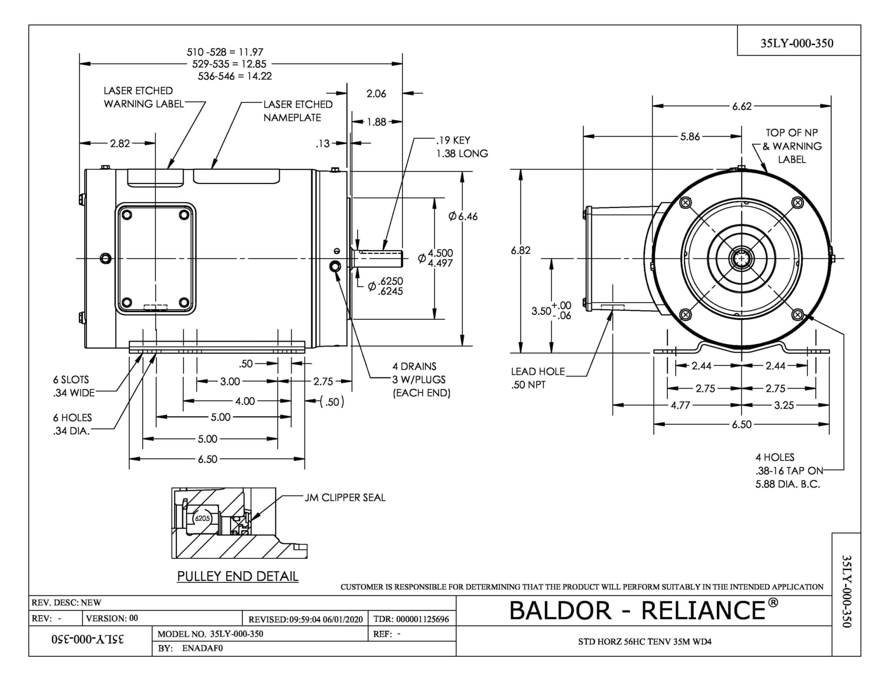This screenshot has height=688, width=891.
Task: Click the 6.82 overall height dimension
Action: [520, 250]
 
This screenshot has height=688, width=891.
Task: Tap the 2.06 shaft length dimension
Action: [376, 94]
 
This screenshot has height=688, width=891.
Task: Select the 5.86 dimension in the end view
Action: [690, 137]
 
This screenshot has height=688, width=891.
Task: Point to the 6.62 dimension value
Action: [742, 106]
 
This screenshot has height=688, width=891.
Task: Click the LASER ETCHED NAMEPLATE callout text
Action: [298, 111]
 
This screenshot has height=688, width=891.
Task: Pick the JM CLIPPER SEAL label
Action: [345, 498]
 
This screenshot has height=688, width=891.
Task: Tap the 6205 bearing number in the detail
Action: [202, 518]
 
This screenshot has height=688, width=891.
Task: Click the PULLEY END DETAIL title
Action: [238, 576]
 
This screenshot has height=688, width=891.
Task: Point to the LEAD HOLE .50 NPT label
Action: [538, 377]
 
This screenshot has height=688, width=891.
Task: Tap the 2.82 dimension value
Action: [120, 143]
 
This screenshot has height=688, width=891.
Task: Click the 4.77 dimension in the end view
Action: [680, 405]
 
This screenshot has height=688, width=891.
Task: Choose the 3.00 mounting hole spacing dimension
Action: [230, 381]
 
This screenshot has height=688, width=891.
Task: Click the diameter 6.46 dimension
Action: [463, 216]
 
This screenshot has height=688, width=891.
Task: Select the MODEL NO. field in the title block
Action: [210, 634]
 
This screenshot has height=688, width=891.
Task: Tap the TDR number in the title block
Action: [411, 619]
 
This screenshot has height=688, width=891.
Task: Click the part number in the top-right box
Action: [797, 43]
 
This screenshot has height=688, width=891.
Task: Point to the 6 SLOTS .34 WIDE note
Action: [74, 386]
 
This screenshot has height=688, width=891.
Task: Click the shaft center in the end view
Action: [741, 259]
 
